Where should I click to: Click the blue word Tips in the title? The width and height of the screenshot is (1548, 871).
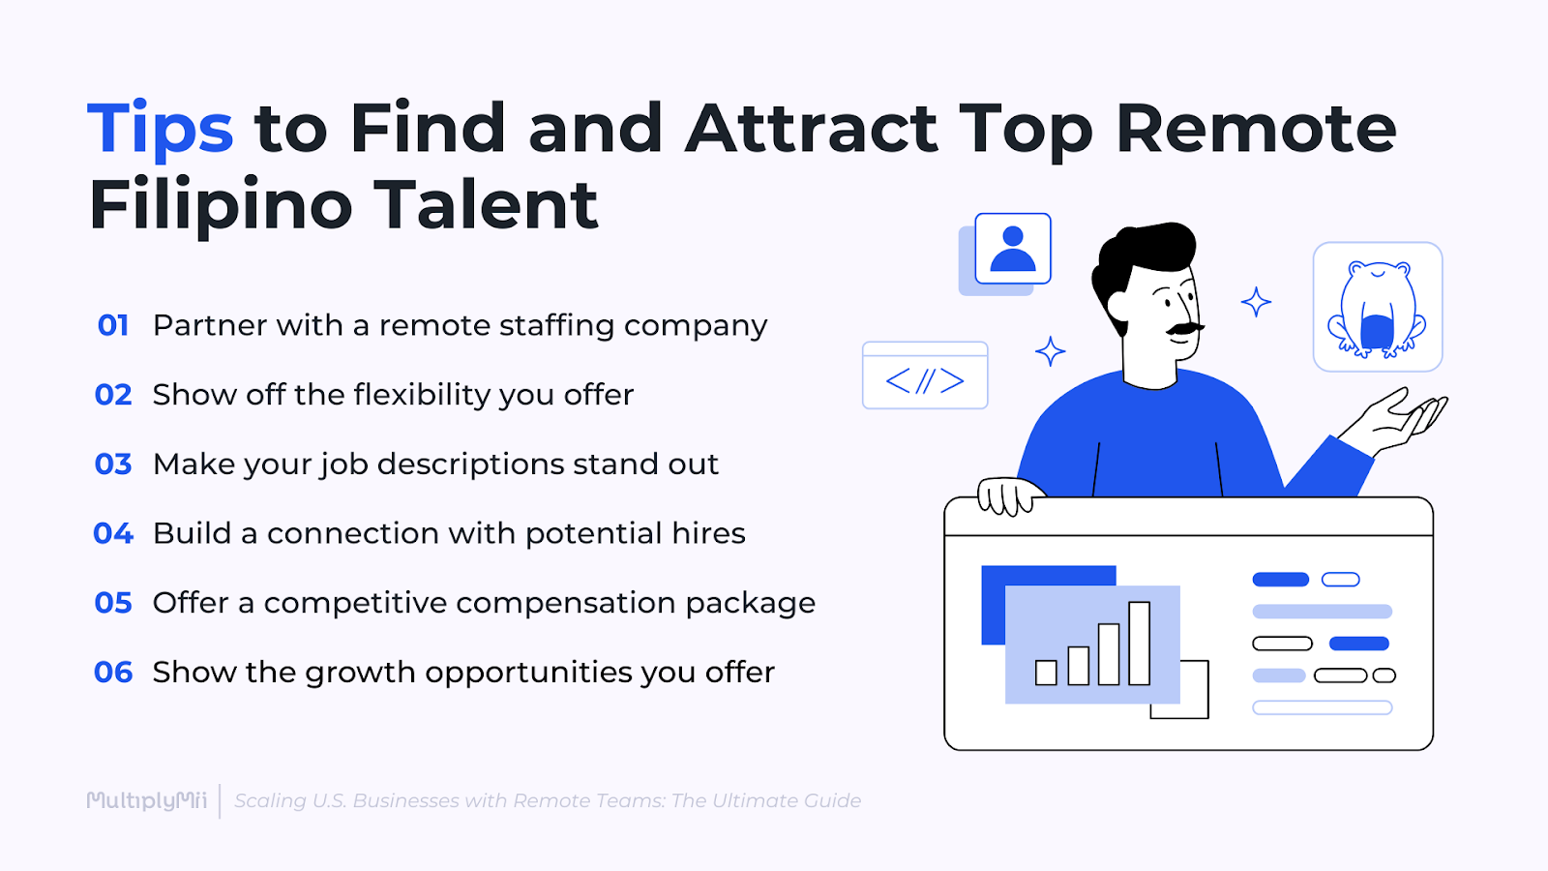pos(161,129)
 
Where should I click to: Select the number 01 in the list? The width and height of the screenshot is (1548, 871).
pos(113,325)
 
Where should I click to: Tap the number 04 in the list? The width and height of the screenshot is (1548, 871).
pos(113,533)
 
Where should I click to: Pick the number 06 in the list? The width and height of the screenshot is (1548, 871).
pos(113,673)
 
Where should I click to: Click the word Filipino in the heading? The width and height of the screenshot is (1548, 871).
pos(221,205)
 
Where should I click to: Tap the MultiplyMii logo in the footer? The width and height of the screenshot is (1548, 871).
pos(147,800)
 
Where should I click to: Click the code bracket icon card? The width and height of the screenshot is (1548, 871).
pos(925,376)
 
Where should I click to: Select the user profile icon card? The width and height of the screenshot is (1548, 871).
pos(1012,249)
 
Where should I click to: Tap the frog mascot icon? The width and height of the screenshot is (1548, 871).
pos(1377,308)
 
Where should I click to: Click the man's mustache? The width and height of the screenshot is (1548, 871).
pos(1182,329)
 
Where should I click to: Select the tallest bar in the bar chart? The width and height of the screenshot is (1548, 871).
pos(1139,643)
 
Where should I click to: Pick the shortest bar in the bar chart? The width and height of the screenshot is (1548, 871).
pos(1046,673)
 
